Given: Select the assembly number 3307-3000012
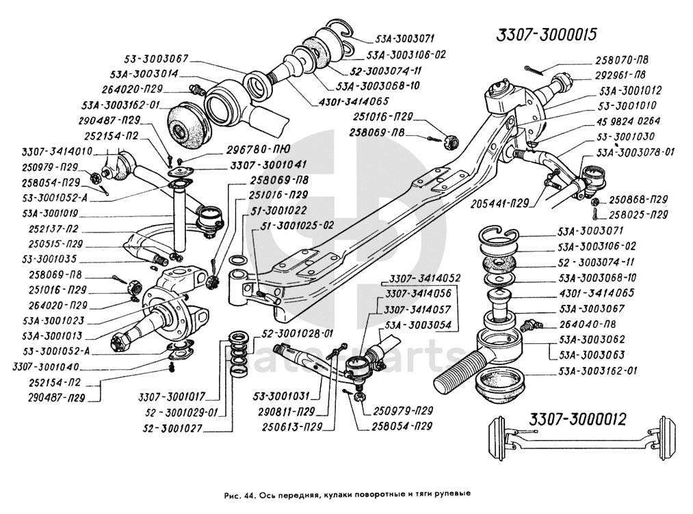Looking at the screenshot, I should point(577,419).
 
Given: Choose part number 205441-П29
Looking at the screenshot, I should point(503,203).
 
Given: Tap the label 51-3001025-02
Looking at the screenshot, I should point(298,224).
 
